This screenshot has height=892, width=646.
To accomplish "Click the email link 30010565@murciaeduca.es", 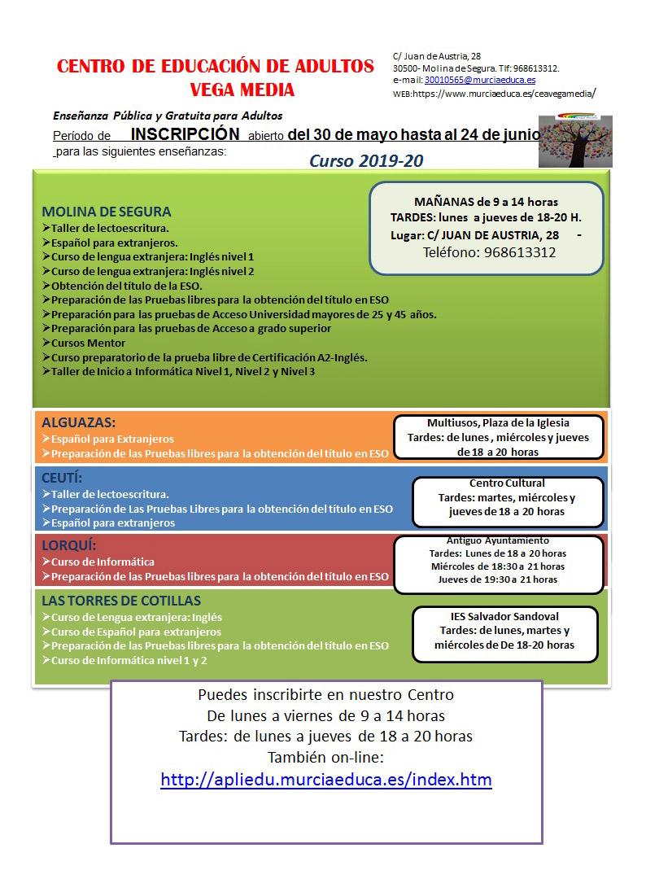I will point(479,81).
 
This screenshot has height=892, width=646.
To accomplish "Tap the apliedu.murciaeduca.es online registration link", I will point(326,780).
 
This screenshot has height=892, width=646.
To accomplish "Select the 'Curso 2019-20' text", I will point(366,161).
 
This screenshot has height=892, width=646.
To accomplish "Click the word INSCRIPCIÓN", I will point(186,134).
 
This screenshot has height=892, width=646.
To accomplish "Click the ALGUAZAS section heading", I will point(78,423).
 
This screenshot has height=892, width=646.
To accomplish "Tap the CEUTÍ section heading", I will point(62,478).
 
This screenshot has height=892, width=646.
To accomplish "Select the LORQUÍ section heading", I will point(68,545).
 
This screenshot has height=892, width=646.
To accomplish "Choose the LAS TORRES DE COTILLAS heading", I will point(120,601).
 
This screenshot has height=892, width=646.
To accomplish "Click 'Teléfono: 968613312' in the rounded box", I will point(489,252).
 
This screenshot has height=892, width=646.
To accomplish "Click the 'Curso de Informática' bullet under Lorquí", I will point(103,562).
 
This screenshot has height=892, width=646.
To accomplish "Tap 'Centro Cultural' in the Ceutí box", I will point(507,483).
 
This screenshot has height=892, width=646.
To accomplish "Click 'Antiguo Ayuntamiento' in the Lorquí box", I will point(497,540).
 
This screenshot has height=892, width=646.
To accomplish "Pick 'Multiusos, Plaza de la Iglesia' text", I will point(498,422).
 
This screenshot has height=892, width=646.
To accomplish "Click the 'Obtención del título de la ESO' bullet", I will point(126,286).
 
